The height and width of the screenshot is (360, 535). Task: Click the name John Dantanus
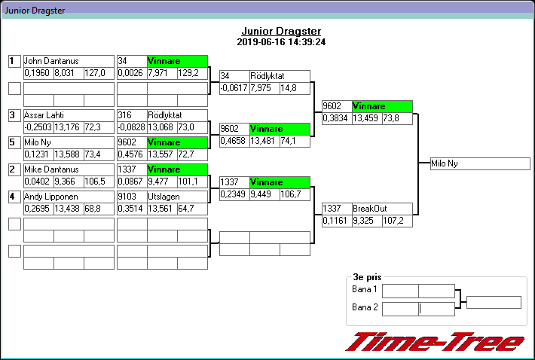[51, 61]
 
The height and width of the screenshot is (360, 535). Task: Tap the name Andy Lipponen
[50, 197]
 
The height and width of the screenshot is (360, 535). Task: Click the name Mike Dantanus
[50, 169]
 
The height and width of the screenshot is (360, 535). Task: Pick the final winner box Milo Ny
[480, 163]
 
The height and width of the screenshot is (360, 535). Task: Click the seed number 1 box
[14, 61]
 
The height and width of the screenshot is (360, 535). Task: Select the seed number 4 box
[14, 197]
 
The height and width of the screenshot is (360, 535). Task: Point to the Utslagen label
[164, 197]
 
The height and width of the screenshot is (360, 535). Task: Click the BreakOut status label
[368, 209]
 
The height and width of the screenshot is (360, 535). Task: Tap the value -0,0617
[234, 88]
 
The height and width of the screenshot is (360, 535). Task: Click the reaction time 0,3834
[335, 118]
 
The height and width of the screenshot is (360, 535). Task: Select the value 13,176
[68, 127]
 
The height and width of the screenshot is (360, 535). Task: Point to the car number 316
[125, 115]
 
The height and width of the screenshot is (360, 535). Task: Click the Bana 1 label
[365, 290]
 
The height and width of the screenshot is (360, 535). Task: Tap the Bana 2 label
[365, 307]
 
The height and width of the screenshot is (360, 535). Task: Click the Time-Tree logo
[435, 341]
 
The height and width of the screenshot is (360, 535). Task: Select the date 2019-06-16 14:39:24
[281, 42]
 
